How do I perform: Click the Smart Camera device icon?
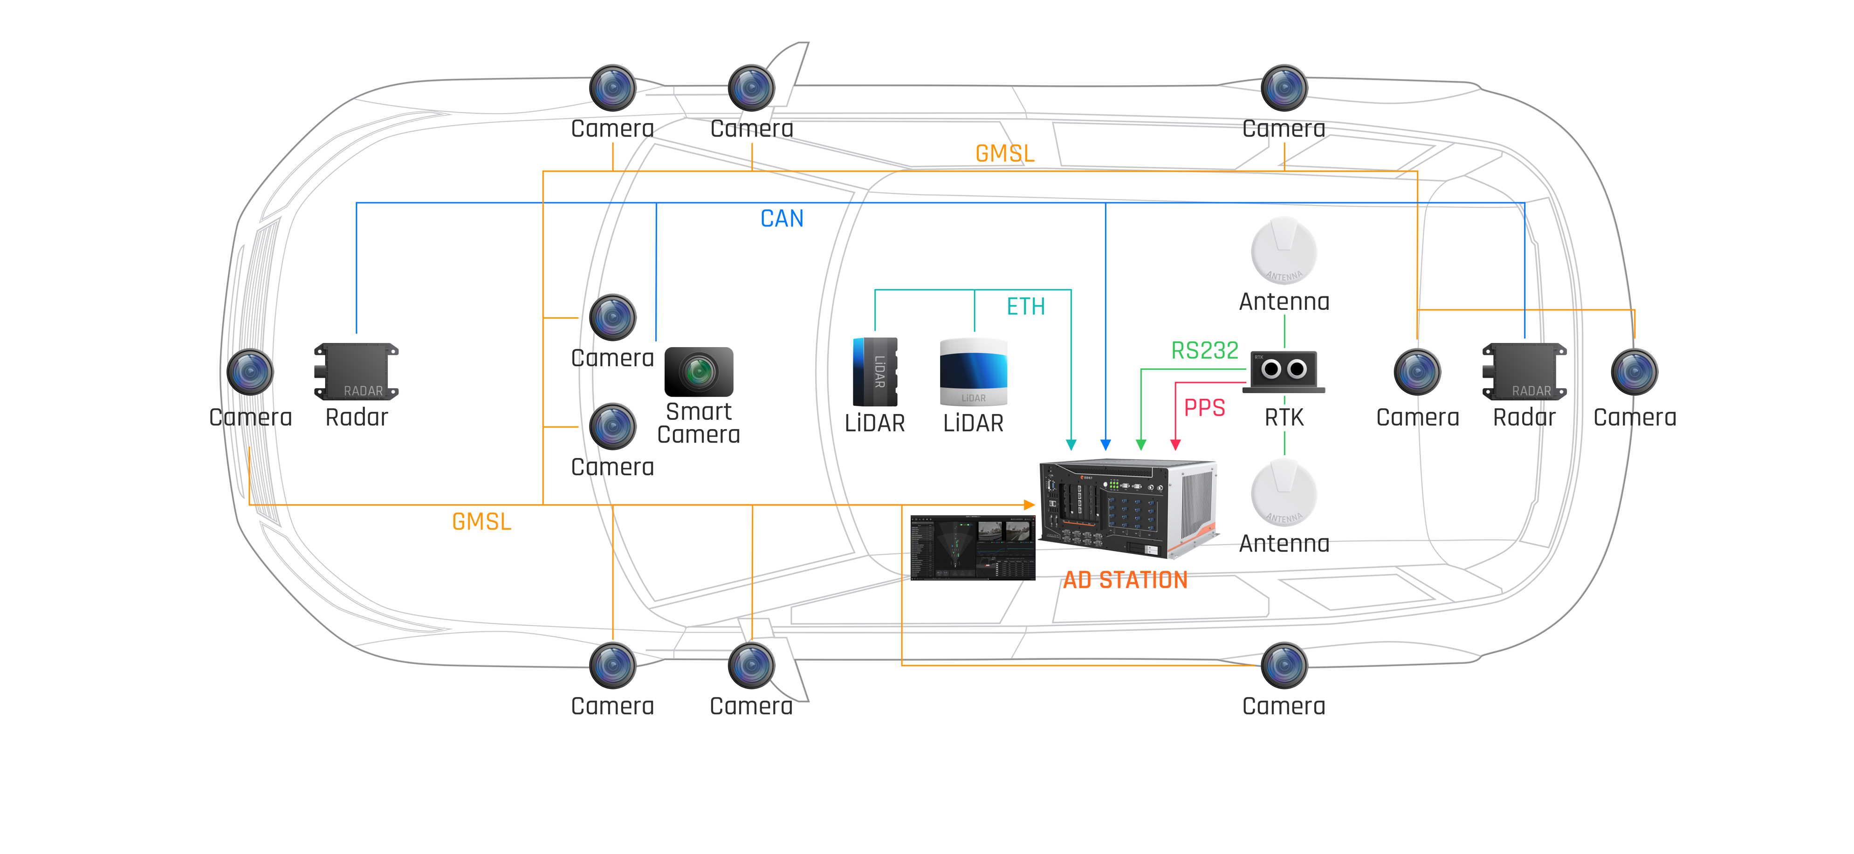pos(698,371)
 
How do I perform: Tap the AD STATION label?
pos(1125,580)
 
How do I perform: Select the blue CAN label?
pos(782,218)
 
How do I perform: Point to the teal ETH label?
pos(1026,307)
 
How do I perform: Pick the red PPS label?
pos(1204,408)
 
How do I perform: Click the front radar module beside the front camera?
pos(356,371)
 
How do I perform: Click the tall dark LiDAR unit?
pos(875,372)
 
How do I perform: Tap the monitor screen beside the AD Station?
pos(972,547)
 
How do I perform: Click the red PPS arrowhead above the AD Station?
pos(1175,444)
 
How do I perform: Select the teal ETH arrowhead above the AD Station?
pos(1071,444)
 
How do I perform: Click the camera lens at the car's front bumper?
pos(250,372)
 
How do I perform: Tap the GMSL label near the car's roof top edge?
pos(1005,153)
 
